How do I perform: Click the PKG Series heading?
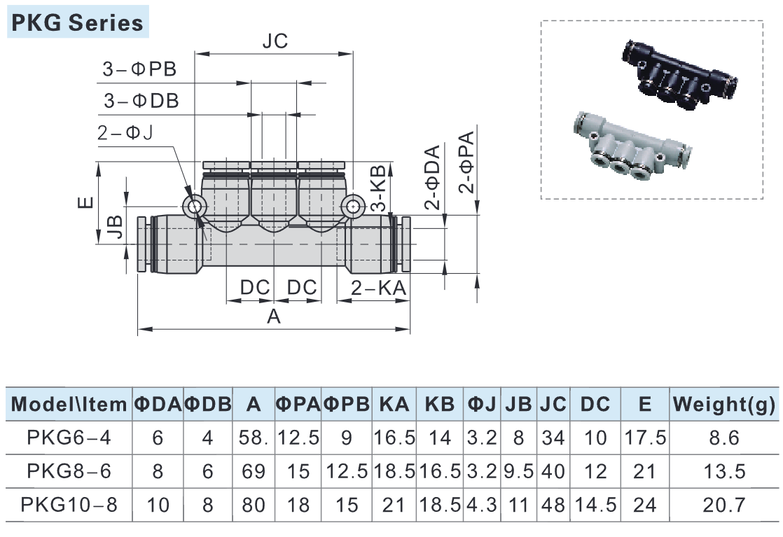[x=76, y=23]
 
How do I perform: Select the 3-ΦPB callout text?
[x=139, y=70]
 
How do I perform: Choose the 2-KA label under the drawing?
[x=377, y=288]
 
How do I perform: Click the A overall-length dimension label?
[x=274, y=317]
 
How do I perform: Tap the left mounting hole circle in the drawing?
[x=193, y=206]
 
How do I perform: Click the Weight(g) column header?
[x=723, y=404]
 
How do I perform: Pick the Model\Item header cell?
[x=69, y=404]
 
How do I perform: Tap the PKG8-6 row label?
[x=69, y=470]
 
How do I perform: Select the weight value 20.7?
[x=724, y=504]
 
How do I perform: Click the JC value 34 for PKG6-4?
[x=553, y=438]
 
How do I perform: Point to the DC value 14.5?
[x=595, y=504]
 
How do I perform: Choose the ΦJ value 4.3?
[x=481, y=504]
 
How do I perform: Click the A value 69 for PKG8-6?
[x=254, y=470]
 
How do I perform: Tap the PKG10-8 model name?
[x=69, y=504]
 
